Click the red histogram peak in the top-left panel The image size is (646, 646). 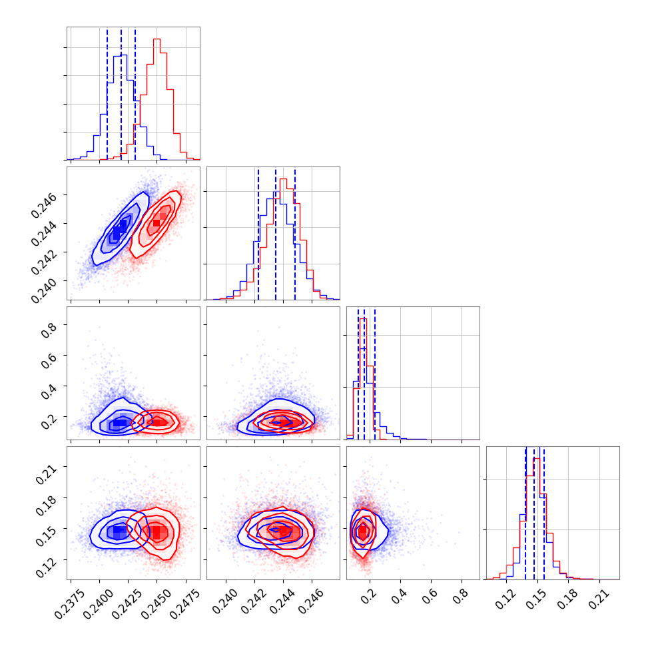(157, 39)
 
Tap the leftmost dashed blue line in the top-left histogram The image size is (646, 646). (107, 93)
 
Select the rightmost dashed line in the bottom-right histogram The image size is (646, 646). (544, 513)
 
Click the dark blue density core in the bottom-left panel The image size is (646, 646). (119, 531)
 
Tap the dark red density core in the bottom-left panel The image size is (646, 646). (157, 531)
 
